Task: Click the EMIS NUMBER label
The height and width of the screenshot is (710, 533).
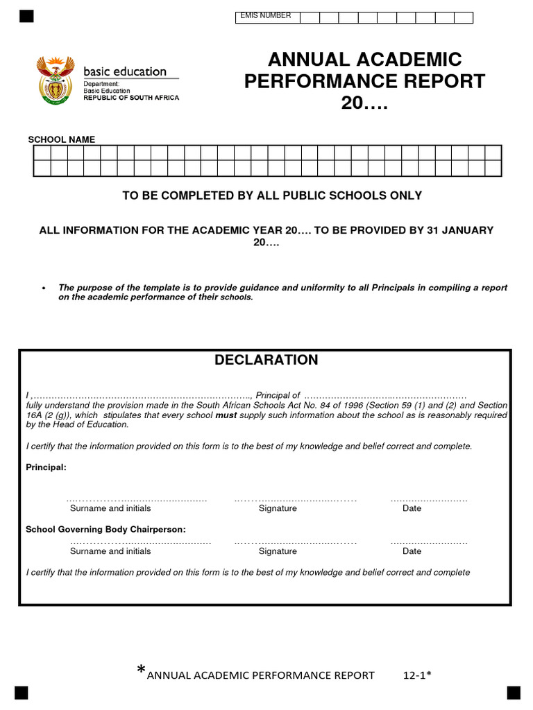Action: point(265,16)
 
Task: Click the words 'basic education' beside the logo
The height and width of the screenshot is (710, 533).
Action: point(125,71)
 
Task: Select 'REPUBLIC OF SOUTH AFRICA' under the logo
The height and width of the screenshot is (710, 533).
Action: point(131,98)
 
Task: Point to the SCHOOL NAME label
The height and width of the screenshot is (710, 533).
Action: point(61,139)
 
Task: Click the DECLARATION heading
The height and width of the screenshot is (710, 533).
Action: point(266,360)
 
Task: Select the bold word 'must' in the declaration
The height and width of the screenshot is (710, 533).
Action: point(226,415)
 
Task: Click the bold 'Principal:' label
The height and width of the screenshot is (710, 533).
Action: point(46,467)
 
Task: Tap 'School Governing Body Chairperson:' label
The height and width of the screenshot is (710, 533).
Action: point(105,529)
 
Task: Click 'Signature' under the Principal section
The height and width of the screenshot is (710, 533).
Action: point(278,508)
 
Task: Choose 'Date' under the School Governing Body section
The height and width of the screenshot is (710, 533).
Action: point(412,551)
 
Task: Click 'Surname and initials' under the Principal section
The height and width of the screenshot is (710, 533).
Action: point(110,508)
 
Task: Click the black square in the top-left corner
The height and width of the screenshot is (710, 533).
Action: point(26,17)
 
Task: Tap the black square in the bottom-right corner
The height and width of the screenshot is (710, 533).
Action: point(513,693)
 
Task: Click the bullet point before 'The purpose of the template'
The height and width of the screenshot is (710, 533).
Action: point(44,288)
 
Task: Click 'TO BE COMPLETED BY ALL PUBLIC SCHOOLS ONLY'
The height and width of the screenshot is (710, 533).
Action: point(272,196)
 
